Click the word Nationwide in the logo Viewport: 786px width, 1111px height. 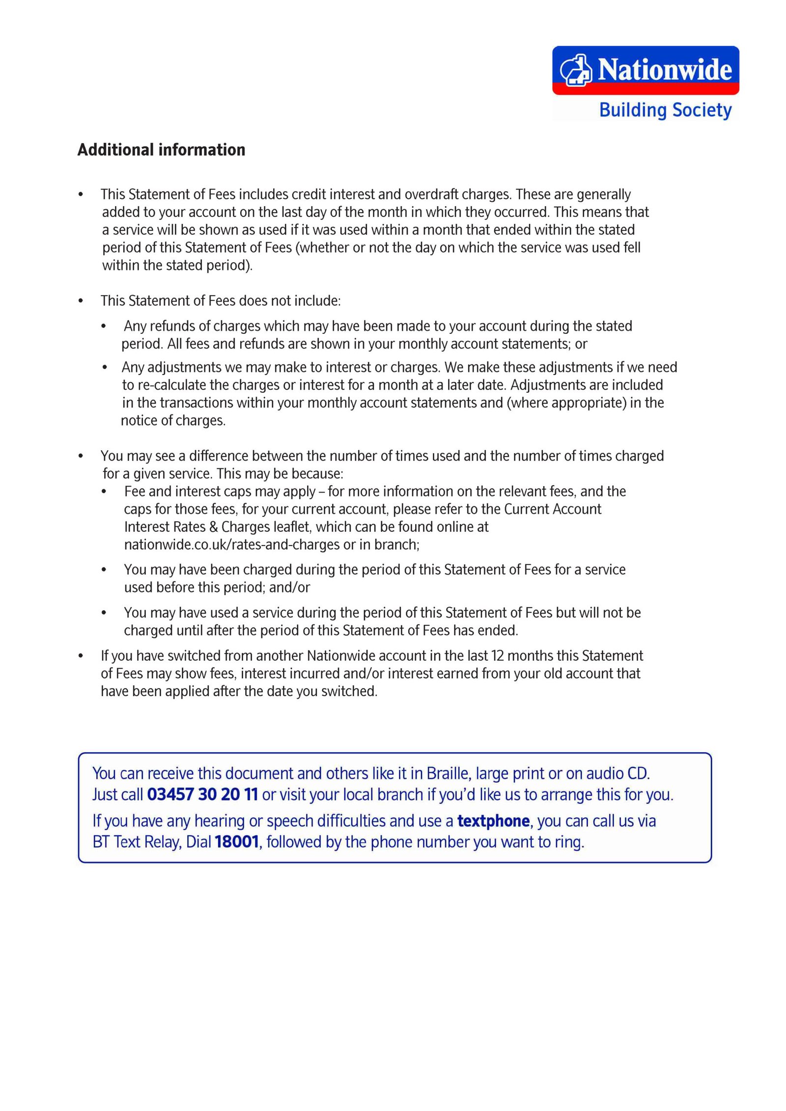pos(665,70)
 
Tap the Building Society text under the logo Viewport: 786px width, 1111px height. pos(665,110)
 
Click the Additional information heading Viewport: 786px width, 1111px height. pos(161,150)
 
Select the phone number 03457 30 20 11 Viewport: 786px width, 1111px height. pos(202,794)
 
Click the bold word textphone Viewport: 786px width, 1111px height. pos(493,821)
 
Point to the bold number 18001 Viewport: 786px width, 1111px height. pos(237,842)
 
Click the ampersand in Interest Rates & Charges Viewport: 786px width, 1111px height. pos(213,527)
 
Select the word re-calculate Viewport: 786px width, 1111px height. pos(168,385)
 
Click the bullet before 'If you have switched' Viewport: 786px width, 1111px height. pos(81,656)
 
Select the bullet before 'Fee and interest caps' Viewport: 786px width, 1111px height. pos(104,491)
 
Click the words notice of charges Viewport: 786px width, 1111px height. pos(172,420)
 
